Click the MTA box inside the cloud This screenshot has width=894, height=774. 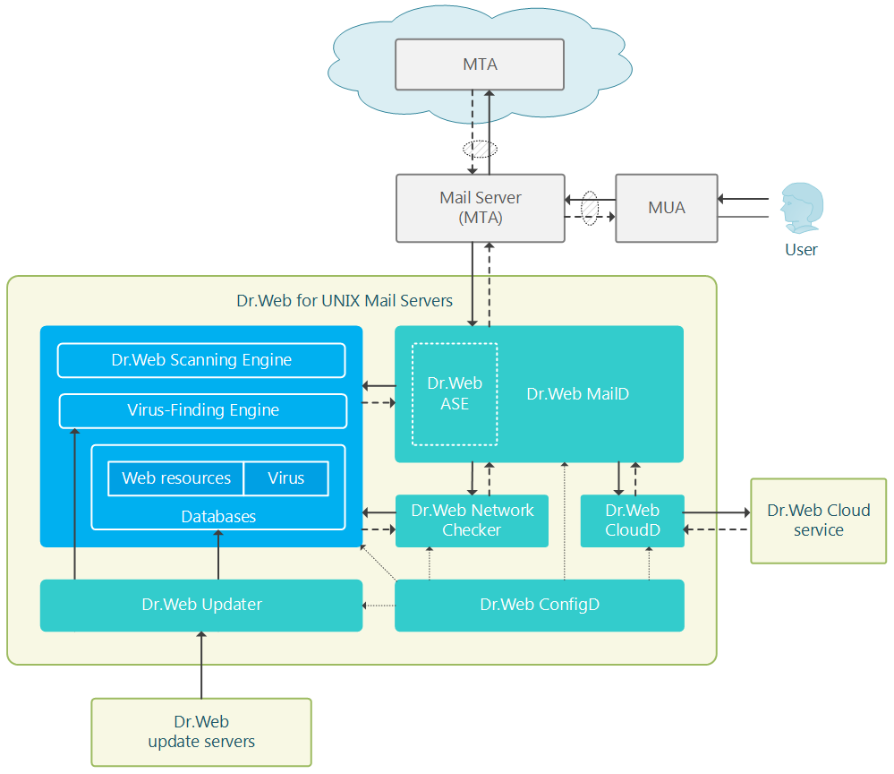click(480, 64)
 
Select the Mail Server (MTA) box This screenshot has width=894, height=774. click(480, 208)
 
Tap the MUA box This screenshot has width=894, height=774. click(666, 208)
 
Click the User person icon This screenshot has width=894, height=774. click(802, 208)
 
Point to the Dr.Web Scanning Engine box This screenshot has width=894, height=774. click(201, 360)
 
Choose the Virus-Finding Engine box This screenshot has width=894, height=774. click(203, 410)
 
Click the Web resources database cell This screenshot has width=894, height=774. click(175, 478)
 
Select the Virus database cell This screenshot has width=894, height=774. click(286, 478)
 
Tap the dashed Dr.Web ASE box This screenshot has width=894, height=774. click(455, 394)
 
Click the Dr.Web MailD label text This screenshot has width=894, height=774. click(577, 394)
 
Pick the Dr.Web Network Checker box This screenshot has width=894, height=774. click(472, 520)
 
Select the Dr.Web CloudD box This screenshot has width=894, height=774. click(633, 520)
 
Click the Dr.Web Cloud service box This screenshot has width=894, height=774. click(818, 520)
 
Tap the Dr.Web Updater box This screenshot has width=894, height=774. click(201, 605)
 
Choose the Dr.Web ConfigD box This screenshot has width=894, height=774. click(540, 605)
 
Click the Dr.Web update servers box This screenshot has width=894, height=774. click(201, 732)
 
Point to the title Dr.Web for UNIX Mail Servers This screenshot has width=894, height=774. click(345, 301)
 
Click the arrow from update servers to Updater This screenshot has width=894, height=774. click(201, 665)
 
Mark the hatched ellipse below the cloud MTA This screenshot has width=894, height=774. click(480, 149)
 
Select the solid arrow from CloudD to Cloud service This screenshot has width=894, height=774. click(717, 512)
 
